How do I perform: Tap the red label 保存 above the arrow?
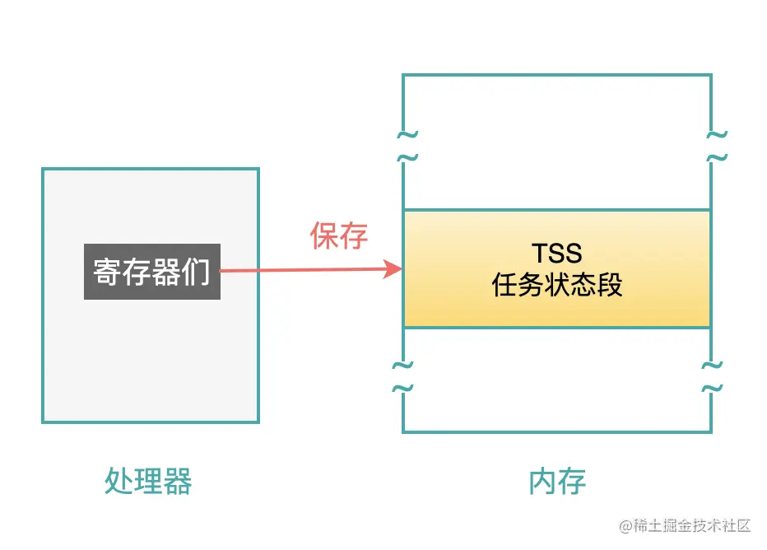338,236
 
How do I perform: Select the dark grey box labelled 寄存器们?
152,271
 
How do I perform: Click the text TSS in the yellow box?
556,253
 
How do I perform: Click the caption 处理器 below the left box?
148,481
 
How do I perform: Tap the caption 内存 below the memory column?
557,481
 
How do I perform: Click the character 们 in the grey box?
198,272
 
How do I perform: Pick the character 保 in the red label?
323,236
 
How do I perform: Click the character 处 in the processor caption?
119,481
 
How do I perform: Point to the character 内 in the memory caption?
542,481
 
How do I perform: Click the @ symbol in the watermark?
625,525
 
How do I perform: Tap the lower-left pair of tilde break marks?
402,376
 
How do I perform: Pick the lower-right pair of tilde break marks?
712,376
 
